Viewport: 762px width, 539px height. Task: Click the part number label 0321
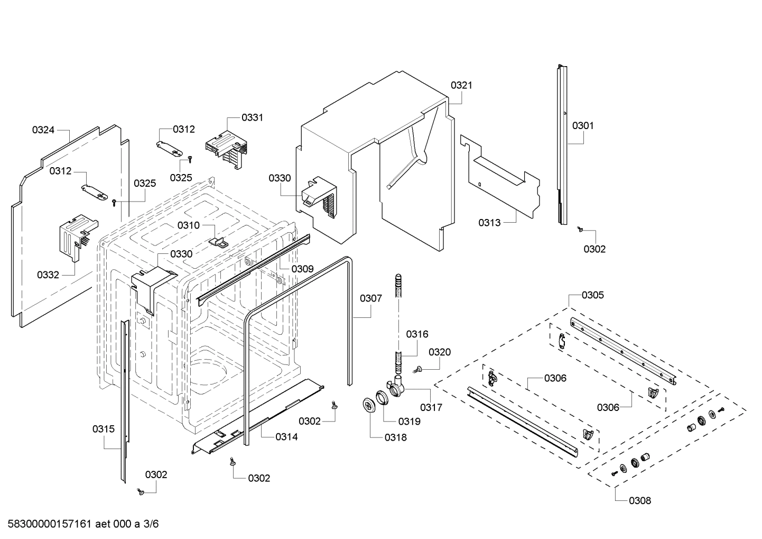(x=461, y=85)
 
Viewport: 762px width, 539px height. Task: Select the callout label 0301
(x=583, y=125)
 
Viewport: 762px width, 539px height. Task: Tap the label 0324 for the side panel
(x=43, y=130)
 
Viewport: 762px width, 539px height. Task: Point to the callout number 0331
(x=252, y=117)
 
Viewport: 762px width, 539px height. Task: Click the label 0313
(x=489, y=223)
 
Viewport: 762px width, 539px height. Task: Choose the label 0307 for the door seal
(x=371, y=298)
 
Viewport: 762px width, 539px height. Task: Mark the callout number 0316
(x=417, y=334)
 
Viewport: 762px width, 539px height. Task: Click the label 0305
(x=592, y=295)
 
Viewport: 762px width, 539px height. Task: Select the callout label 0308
(x=640, y=500)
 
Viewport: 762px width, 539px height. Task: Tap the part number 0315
(x=103, y=429)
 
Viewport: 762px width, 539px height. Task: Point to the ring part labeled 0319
(x=383, y=397)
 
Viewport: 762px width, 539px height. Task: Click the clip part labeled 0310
(x=219, y=241)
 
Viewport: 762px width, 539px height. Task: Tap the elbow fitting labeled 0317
(x=396, y=389)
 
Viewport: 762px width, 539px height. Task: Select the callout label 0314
(x=286, y=436)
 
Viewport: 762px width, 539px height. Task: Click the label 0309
(x=302, y=269)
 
